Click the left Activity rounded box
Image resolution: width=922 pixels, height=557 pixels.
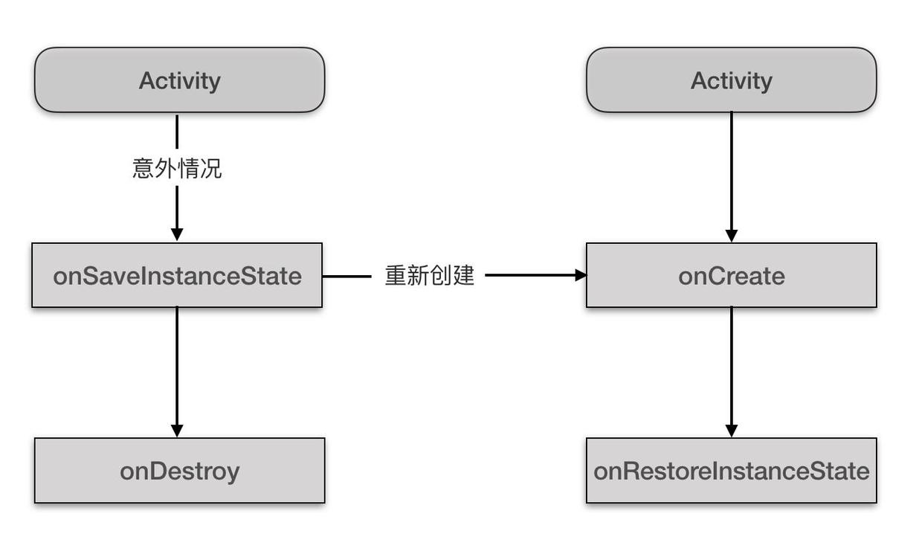(179, 80)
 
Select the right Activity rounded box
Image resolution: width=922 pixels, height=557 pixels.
(731, 80)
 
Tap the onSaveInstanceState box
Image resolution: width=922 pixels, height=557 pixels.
(177, 275)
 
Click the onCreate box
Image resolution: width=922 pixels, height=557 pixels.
(731, 275)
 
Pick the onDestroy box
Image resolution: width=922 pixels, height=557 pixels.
(179, 471)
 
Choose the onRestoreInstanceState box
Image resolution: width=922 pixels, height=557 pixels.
(731, 471)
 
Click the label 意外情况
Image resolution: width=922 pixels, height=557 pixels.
(177, 169)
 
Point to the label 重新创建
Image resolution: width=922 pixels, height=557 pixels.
(429, 275)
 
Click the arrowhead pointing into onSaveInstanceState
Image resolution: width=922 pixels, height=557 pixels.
(177, 234)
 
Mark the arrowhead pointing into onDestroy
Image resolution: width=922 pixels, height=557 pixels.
(177, 430)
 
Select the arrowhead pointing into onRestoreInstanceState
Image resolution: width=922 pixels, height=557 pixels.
(731, 430)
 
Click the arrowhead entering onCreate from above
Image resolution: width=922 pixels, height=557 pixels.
(731, 235)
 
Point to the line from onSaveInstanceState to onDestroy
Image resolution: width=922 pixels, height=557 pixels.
(177, 364)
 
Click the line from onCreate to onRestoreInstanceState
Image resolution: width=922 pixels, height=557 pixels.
(731, 364)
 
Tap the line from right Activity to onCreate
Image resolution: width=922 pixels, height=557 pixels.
(731, 171)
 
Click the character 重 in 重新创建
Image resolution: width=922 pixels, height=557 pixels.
(396, 275)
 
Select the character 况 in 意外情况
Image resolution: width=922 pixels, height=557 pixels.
(211, 169)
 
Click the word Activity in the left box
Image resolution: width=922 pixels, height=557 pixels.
(179, 80)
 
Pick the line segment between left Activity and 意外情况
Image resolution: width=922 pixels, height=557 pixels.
(177, 132)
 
